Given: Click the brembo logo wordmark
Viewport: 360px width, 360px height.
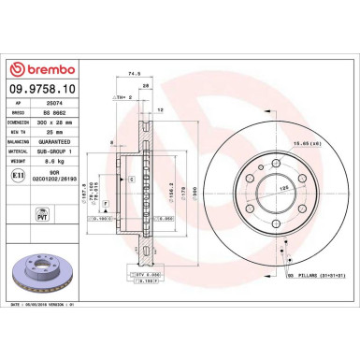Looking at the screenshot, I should tap(42, 69).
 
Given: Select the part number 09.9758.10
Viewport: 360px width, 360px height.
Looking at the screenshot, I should tap(43, 90).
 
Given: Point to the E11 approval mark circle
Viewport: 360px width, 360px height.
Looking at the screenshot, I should tap(17, 175).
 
